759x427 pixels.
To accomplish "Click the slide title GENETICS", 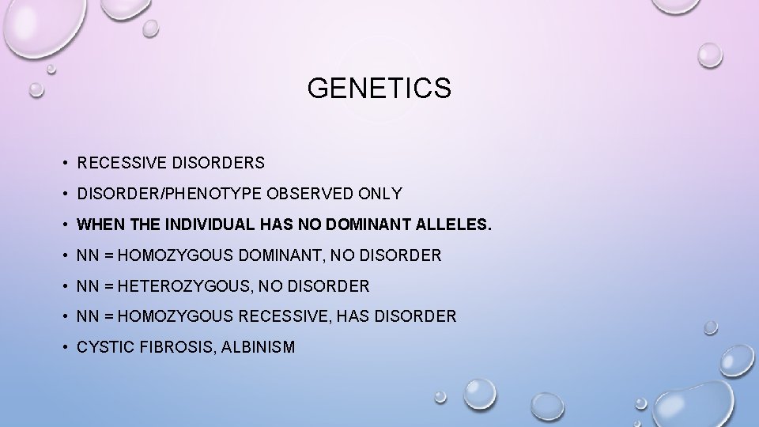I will (x=379, y=89).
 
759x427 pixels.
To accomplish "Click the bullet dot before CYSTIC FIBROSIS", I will (x=62, y=347).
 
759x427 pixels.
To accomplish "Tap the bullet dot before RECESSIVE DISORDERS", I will (x=62, y=164).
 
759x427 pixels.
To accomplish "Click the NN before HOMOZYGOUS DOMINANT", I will (x=87, y=255).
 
